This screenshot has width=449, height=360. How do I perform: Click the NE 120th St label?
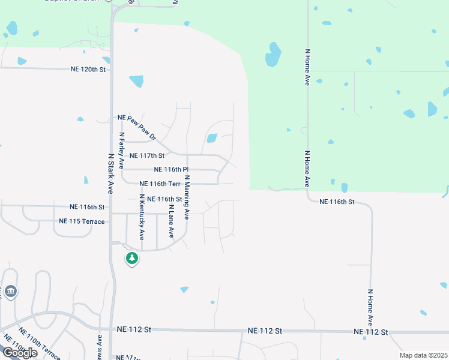click(x=88, y=70)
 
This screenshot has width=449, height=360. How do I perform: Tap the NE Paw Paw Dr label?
click(x=137, y=127)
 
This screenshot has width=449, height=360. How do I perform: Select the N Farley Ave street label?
click(x=121, y=150)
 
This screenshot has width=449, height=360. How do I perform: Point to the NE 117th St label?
click(x=147, y=155)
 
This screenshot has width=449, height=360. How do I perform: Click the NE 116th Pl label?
click(x=172, y=170)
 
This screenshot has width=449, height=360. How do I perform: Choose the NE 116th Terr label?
click(x=160, y=184)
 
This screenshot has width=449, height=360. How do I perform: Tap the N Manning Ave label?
click(x=187, y=196)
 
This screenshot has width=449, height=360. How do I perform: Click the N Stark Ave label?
click(x=111, y=173)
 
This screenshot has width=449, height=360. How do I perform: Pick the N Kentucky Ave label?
click(x=142, y=217)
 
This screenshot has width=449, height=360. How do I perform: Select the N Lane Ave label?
click(x=171, y=220)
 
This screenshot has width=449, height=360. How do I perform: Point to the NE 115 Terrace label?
click(x=82, y=221)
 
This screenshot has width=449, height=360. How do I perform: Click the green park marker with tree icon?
click(x=131, y=259)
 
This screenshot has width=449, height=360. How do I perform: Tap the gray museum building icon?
click(x=11, y=292)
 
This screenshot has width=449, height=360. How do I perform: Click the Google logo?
click(x=19, y=353)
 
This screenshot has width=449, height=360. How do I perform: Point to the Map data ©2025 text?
click(x=423, y=355)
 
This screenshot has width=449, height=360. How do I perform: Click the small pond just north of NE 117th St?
click(x=211, y=138)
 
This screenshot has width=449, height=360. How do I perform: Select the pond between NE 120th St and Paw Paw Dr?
click(x=136, y=81)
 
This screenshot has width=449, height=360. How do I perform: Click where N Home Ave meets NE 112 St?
click(x=372, y=331)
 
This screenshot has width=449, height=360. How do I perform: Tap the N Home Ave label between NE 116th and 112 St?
click(x=370, y=307)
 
